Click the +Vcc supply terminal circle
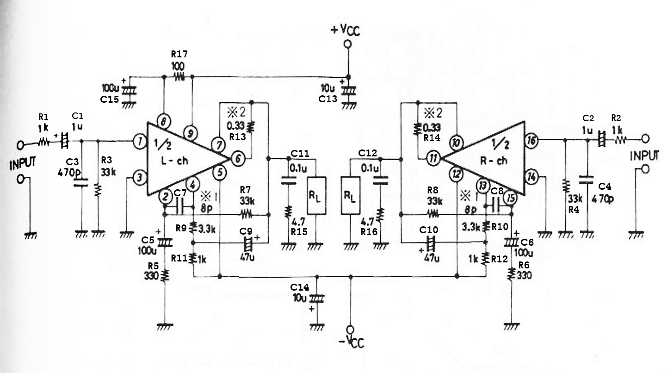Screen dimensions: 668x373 [347, 44]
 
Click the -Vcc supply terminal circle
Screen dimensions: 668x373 [350, 329]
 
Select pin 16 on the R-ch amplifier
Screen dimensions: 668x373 [532, 140]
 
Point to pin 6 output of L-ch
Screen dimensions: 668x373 [238, 159]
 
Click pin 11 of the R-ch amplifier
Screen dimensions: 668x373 [433, 158]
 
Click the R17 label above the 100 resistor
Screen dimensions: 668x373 [179, 54]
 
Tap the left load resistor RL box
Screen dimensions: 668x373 [316, 196]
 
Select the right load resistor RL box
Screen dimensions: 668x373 [350, 196]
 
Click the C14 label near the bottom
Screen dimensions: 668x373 [299, 287]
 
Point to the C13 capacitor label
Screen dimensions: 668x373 [328, 99]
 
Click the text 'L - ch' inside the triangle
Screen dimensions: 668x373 [174, 161]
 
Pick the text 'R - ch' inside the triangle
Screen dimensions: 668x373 [494, 161]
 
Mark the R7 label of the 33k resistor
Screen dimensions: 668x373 [246, 189]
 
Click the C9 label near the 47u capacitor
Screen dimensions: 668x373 [246, 231]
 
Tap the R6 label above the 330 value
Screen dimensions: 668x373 [524, 265]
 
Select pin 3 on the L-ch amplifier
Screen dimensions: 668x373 [139, 178]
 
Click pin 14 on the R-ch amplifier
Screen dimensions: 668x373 [532, 177]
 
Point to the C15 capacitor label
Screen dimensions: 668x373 [110, 99]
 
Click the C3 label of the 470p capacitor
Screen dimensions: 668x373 [72, 162]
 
